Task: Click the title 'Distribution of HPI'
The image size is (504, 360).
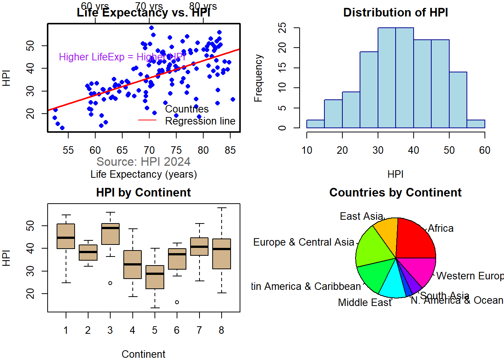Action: [395, 12]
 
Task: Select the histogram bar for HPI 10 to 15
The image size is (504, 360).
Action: [315, 124]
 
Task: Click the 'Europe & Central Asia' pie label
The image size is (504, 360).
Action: [303, 242]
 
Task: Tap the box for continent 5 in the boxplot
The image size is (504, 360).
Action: [155, 277]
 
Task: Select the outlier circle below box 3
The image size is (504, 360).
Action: [110, 283]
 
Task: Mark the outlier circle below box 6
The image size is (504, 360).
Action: [177, 302]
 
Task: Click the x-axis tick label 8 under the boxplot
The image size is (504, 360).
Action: [221, 330]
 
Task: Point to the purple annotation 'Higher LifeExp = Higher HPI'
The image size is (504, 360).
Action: [122, 57]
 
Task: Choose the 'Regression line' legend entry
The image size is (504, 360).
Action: [200, 121]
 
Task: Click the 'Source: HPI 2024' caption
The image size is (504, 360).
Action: [143, 162]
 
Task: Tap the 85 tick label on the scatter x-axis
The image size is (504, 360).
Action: [230, 150]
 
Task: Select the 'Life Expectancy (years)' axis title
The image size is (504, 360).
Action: [143, 174]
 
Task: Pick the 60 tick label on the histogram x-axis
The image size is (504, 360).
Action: [484, 150]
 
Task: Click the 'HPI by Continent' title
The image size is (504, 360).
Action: [143, 192]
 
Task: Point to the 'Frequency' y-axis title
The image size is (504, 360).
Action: [258, 78]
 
